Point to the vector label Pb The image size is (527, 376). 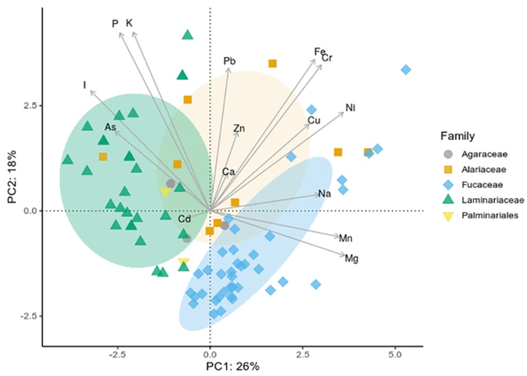coord(229,61)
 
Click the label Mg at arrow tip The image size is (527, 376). coord(352,258)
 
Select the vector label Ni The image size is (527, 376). coord(350,107)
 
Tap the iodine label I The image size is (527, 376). coord(85,86)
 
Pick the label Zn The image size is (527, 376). coord(239,128)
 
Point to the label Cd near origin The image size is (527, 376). coord(184,219)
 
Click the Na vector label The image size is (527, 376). coord(325,194)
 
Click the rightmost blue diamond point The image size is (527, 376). coord(406,70)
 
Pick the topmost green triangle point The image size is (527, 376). coord(188,35)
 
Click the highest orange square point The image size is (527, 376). coord(272,64)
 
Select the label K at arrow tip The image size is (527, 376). coord(129,23)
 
